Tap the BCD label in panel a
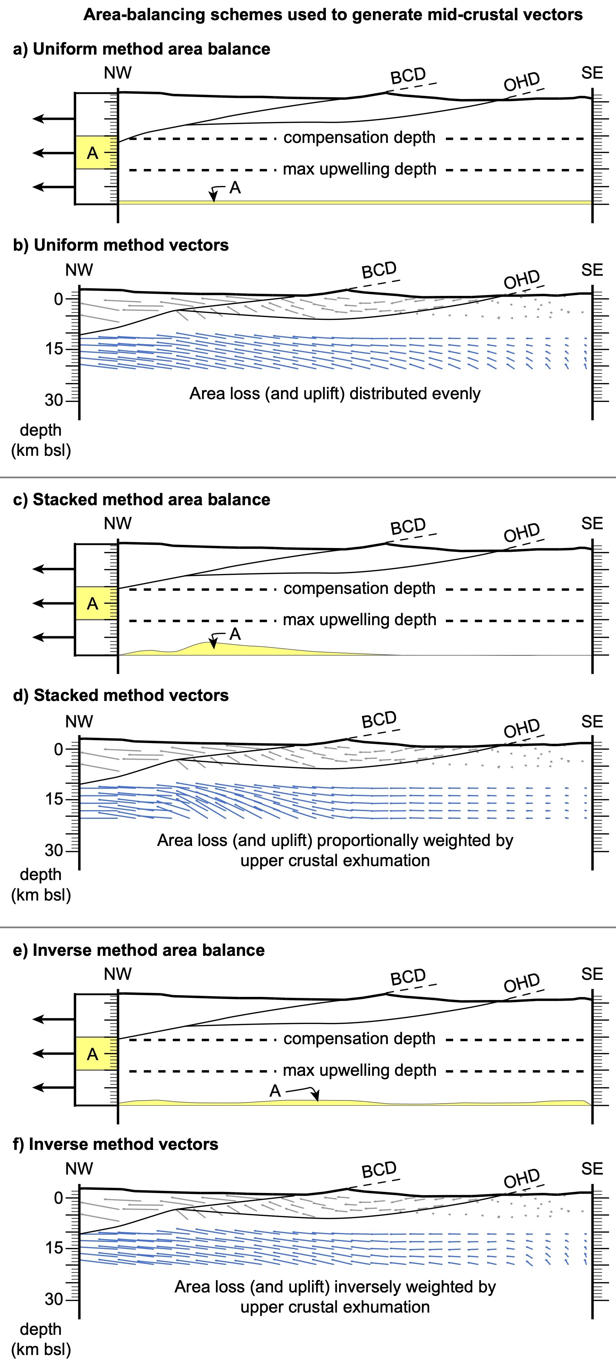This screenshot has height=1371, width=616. [x=408, y=76]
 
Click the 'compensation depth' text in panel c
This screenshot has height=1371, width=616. [x=359, y=588]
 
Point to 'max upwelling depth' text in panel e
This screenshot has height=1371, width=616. [x=359, y=1070]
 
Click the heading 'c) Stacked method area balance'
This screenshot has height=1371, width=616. [x=141, y=499]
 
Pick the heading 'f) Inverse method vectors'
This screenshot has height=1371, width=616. [x=115, y=1144]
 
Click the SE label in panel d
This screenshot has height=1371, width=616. [x=592, y=722]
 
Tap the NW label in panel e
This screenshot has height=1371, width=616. [x=118, y=974]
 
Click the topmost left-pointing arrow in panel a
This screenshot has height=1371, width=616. [x=53, y=119]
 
